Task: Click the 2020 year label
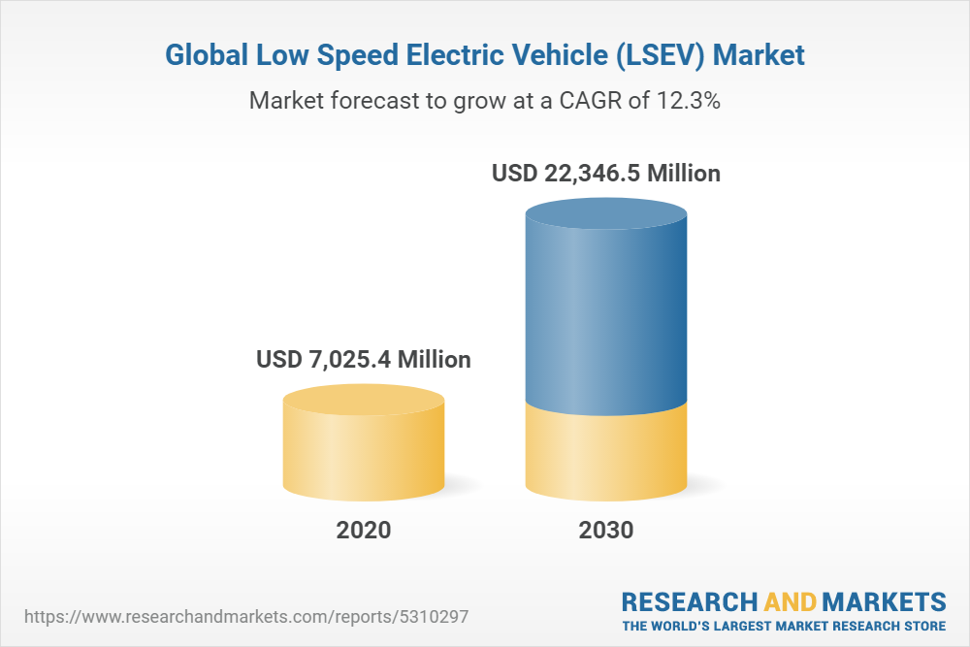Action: pos(364,531)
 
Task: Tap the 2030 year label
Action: pos(606,531)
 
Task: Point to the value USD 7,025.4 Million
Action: pos(364,360)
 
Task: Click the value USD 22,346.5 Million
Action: pos(606,175)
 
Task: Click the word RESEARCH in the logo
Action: pos(688,600)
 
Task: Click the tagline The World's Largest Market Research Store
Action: pos(784,625)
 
